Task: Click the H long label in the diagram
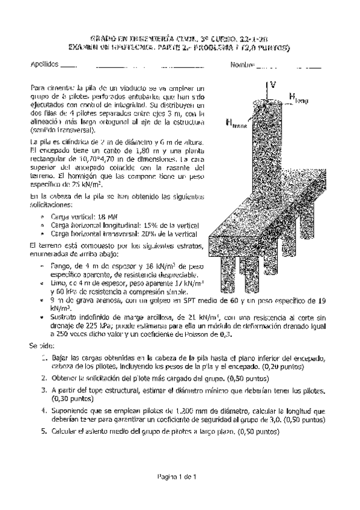tap(299, 97)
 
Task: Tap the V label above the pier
tap(273, 84)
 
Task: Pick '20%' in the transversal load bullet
tap(142, 234)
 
